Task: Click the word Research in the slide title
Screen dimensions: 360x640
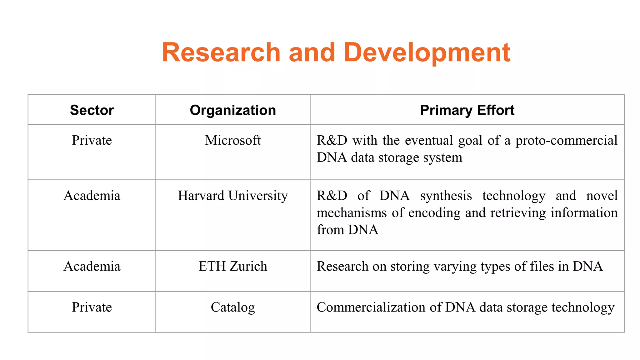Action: [221, 52]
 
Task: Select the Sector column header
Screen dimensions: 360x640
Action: [92, 110]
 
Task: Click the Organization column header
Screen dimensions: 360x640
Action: [233, 110]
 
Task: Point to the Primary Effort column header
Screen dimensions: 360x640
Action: [467, 110]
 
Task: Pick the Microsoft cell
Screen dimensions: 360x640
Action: [233, 140]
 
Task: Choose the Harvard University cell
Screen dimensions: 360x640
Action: [233, 196]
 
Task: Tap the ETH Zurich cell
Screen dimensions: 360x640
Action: [233, 267]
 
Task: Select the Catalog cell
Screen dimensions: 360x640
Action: [233, 307]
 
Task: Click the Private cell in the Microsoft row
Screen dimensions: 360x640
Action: [92, 140]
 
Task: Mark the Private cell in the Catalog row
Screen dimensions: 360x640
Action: [92, 307]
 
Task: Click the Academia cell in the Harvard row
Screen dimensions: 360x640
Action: [92, 196]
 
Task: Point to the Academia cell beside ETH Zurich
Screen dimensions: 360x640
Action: [92, 267]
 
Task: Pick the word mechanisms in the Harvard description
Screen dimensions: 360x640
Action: [352, 213]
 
